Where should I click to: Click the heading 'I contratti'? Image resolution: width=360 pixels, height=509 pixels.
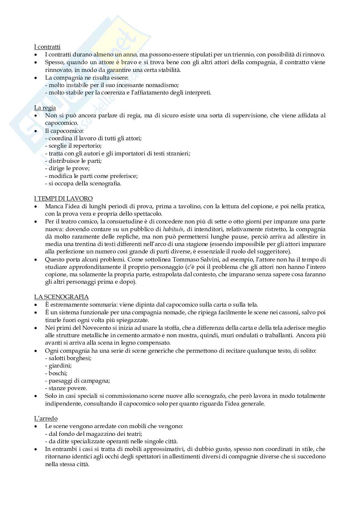click(x=47, y=47)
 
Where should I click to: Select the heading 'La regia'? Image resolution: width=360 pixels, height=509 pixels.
click(x=45, y=108)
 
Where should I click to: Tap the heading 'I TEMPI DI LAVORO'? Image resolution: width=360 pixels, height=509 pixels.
click(x=63, y=199)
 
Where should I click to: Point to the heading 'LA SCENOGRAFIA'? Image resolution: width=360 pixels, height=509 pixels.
click(x=61, y=297)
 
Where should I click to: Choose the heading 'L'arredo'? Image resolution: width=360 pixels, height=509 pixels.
click(x=46, y=418)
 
